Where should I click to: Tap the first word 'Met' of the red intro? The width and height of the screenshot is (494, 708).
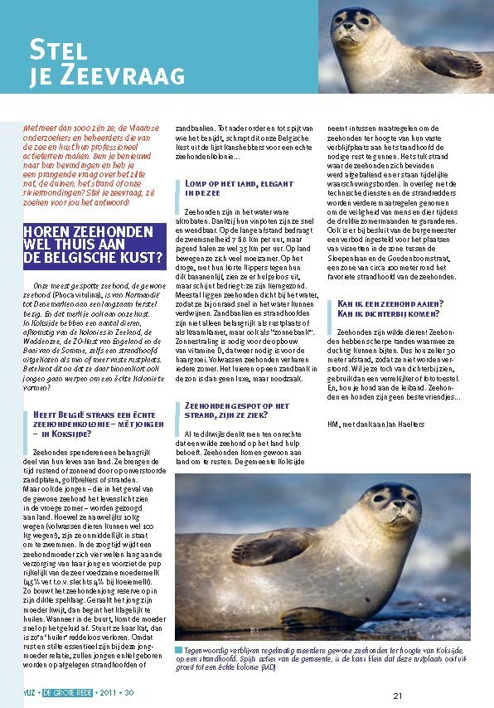point(31,129)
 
